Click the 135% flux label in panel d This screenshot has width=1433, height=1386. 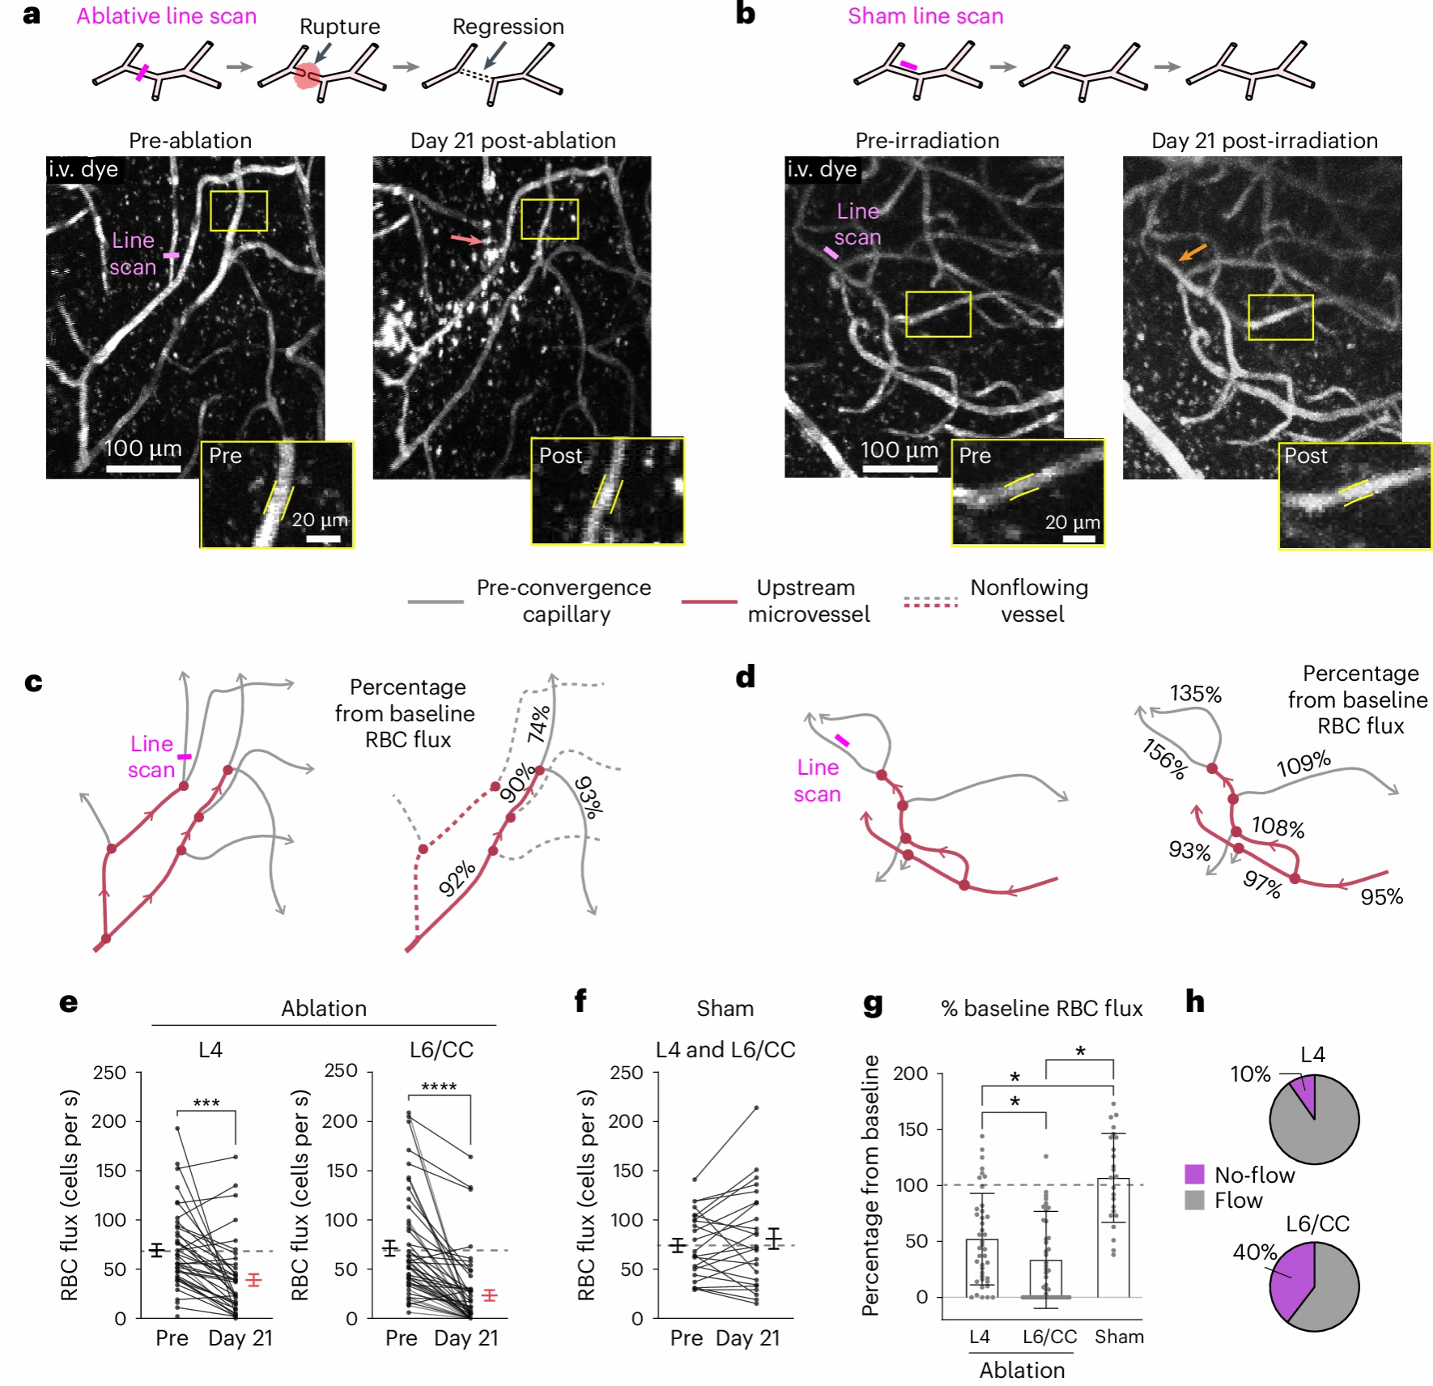click(1195, 694)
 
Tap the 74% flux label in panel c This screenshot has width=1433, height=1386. click(539, 723)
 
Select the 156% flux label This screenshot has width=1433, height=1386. click(1164, 759)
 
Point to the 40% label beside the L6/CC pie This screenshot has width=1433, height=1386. click(1254, 1252)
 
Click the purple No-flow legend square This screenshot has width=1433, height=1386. click(1194, 1174)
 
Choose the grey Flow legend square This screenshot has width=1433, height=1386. click(1194, 1200)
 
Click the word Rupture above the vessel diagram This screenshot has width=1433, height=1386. click(339, 27)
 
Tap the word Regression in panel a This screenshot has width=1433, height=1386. click(508, 27)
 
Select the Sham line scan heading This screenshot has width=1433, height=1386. click(925, 16)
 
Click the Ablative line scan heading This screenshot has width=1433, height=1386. click(166, 16)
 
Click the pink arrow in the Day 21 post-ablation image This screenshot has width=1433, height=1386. click(466, 239)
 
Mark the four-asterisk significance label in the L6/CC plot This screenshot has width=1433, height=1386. click(439, 1086)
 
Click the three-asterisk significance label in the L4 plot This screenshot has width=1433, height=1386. click(206, 1103)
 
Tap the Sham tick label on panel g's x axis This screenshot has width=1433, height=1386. click(1119, 1337)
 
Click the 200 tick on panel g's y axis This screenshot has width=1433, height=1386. click(910, 1074)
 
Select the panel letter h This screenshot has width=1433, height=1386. click(1194, 1001)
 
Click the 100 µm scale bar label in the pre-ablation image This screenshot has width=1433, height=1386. click(142, 449)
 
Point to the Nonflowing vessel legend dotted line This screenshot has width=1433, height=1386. click(930, 602)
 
